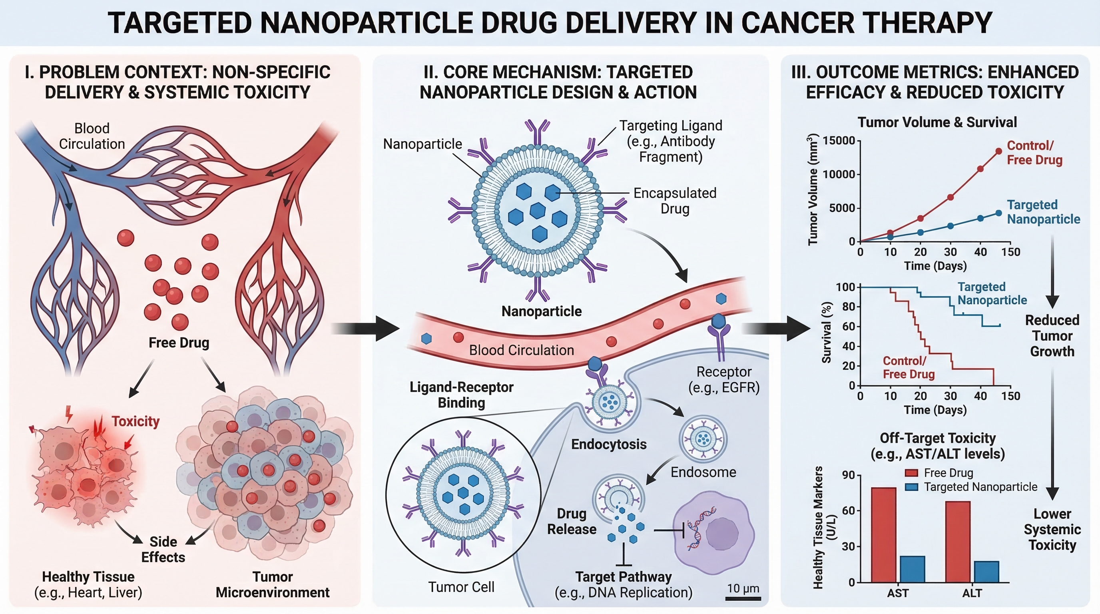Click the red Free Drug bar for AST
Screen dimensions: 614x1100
(x=883, y=534)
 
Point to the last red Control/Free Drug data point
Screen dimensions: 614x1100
(x=998, y=151)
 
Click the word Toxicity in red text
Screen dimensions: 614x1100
(x=136, y=421)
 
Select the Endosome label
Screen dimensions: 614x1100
(x=703, y=472)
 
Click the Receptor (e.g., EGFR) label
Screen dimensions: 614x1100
(x=724, y=380)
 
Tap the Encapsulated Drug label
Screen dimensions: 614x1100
(x=675, y=201)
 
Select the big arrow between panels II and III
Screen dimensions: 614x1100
(x=777, y=328)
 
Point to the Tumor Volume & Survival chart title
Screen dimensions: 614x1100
(x=937, y=123)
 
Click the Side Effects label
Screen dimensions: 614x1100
(x=163, y=550)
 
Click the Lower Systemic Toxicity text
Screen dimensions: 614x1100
(x=1052, y=530)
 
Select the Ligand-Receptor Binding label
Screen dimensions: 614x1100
(x=461, y=395)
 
